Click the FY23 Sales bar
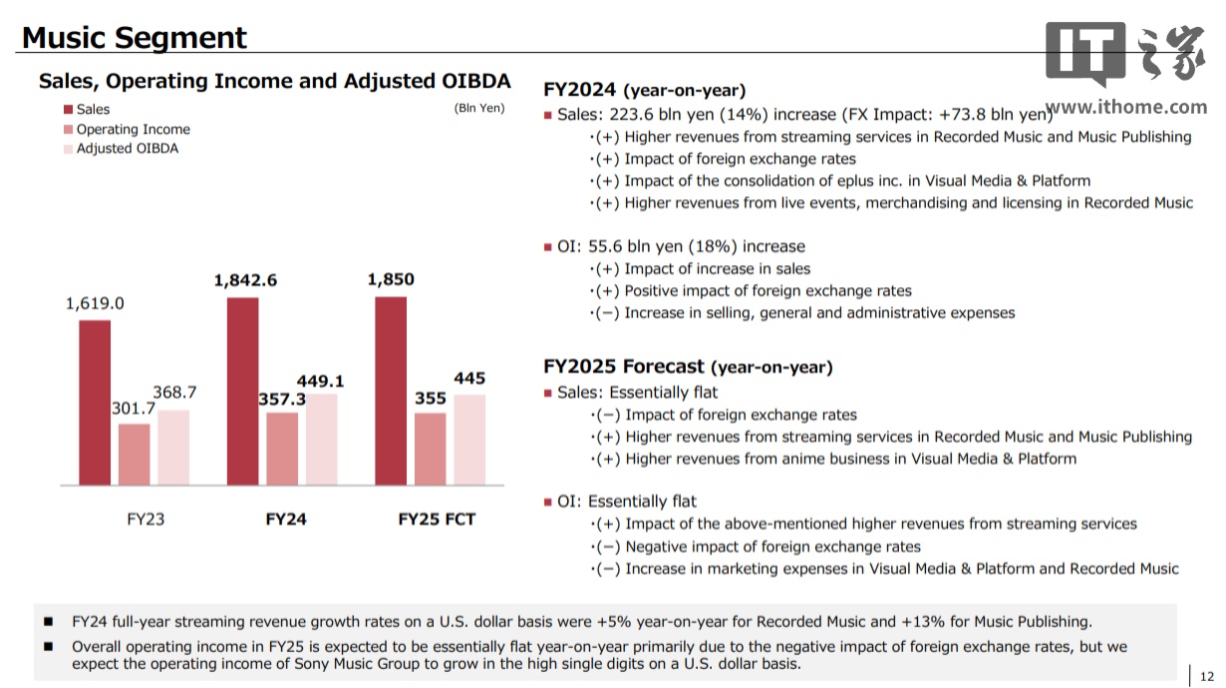tap(95, 403)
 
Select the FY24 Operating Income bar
tap(282, 449)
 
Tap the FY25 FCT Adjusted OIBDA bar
tap(469, 440)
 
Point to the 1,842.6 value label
tap(245, 281)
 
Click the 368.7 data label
tap(174, 393)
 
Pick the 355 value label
tap(431, 398)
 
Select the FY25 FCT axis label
tap(437, 519)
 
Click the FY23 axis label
tap(146, 519)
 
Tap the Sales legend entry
tap(93, 110)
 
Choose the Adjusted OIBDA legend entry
tap(127, 149)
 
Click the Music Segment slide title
tap(135, 38)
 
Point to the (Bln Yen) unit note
tap(479, 109)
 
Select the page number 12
tap(1207, 675)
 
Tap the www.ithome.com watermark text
tap(1126, 108)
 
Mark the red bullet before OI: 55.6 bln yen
tap(548, 247)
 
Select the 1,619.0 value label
tap(95, 304)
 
